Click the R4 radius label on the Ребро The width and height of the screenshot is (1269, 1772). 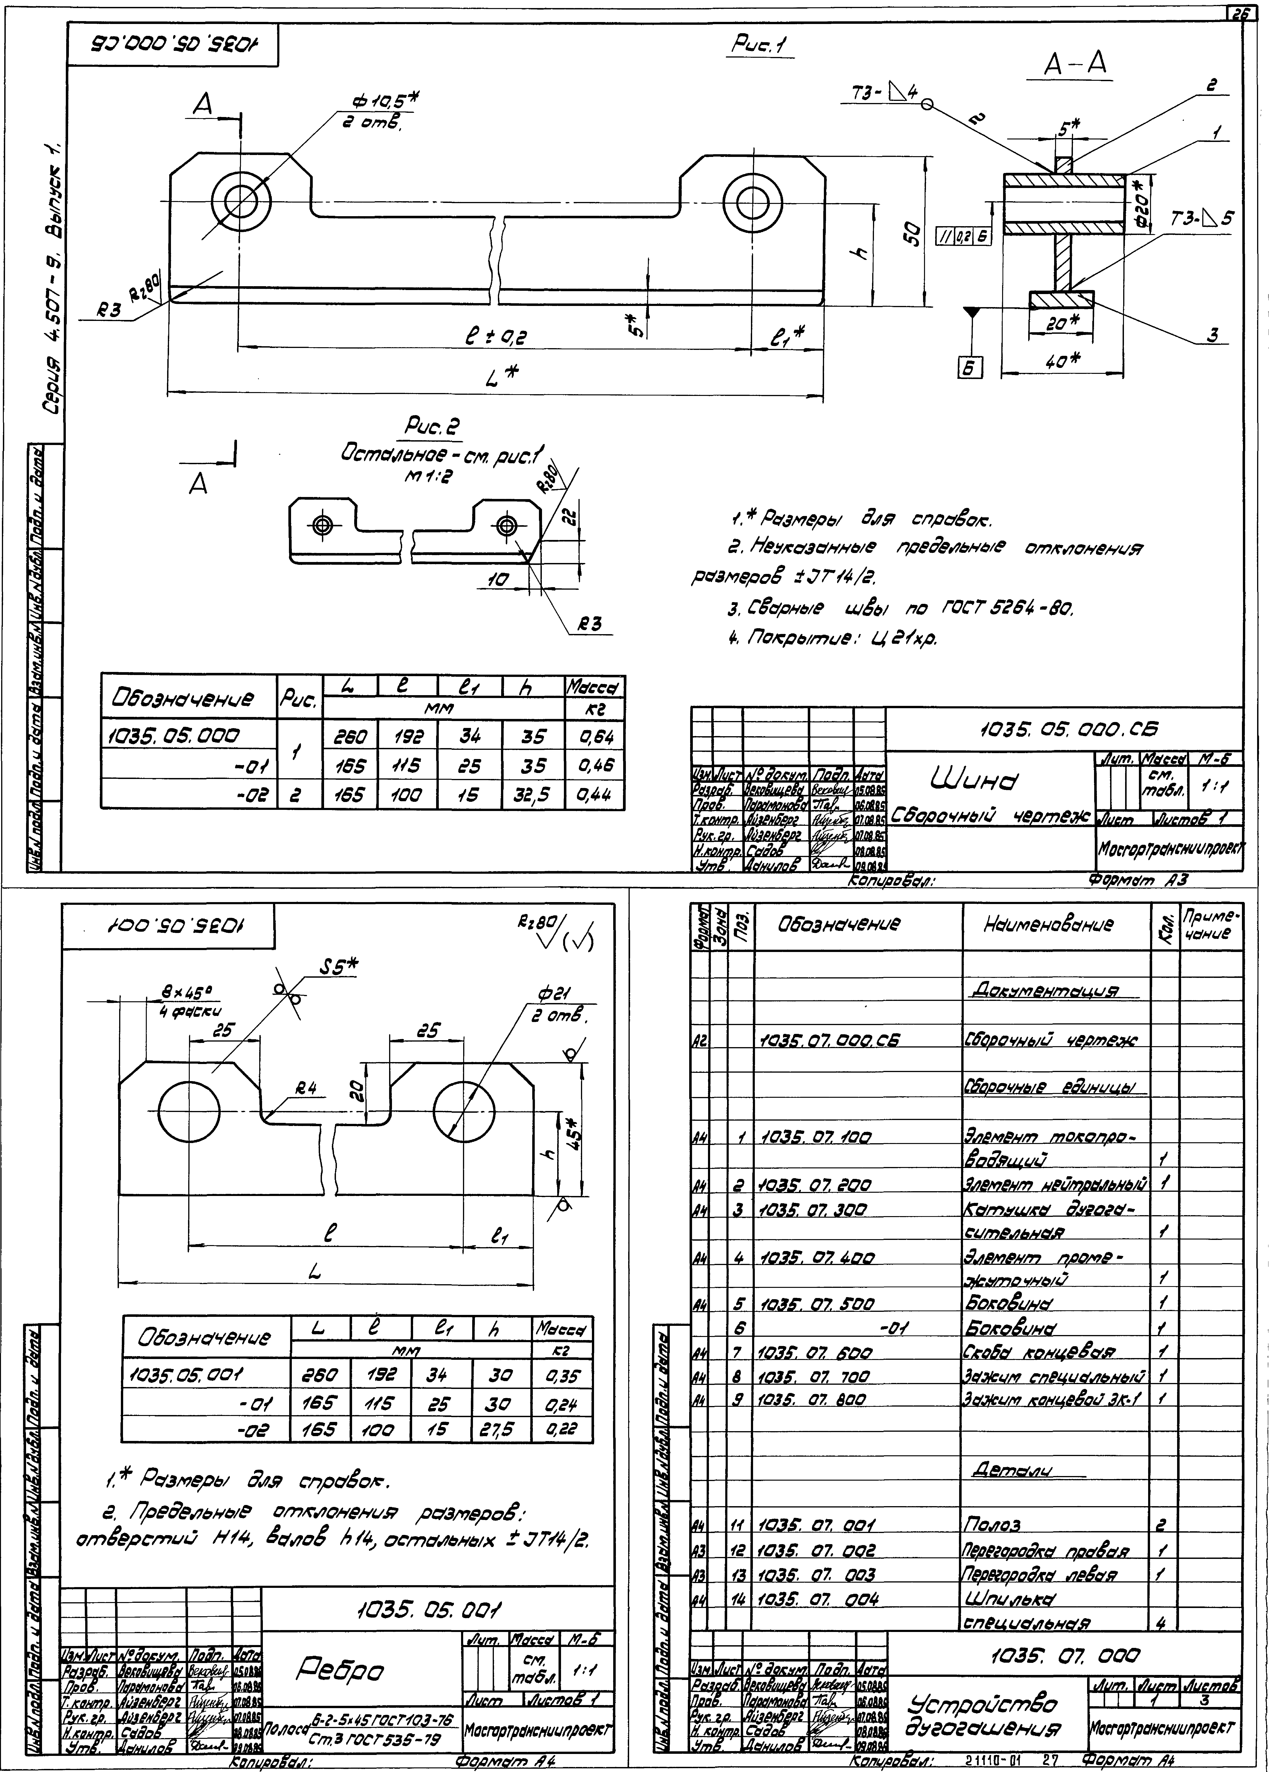(x=309, y=1090)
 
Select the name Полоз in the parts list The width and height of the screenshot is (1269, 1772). (x=992, y=1525)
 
